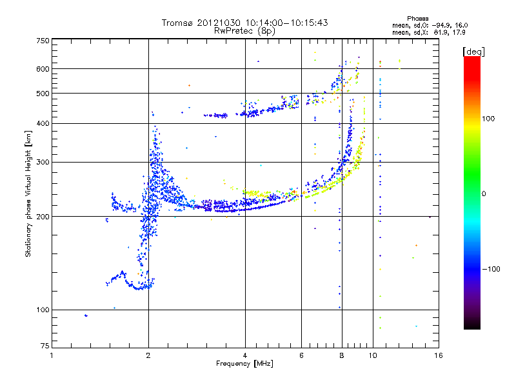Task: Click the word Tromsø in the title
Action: point(177,23)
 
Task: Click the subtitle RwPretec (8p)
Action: point(244,31)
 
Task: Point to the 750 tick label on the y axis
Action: point(43,41)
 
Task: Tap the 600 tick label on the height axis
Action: point(43,69)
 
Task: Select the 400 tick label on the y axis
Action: point(43,123)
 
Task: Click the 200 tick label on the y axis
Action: point(43,217)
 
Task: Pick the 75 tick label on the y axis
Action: point(45,346)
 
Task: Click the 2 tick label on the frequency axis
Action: point(148,355)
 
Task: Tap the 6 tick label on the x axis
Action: point(301,355)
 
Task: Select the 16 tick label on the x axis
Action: point(439,355)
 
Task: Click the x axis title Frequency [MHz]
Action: point(244,364)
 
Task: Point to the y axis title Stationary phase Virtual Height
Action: point(28,193)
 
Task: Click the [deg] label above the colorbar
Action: point(473,52)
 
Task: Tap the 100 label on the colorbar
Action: point(488,119)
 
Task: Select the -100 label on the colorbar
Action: point(491,269)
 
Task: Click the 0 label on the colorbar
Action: point(484,194)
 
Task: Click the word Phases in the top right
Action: point(418,19)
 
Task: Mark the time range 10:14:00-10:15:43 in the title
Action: point(286,23)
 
